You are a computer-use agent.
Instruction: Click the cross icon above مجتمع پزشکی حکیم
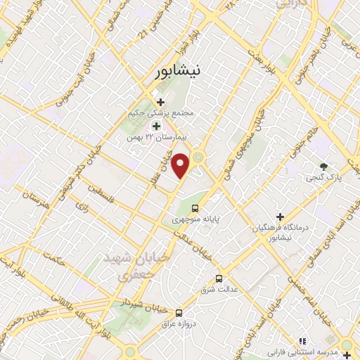[161, 102]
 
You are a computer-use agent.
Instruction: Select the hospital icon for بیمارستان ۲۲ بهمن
[156, 126]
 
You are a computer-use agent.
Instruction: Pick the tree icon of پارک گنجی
[323, 167]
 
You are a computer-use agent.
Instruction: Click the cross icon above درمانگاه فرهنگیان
[280, 217]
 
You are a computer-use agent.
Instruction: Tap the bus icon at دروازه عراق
[179, 312]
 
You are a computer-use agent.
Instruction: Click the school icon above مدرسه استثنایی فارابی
[302, 340]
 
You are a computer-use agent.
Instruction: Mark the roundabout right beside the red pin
[199, 157]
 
